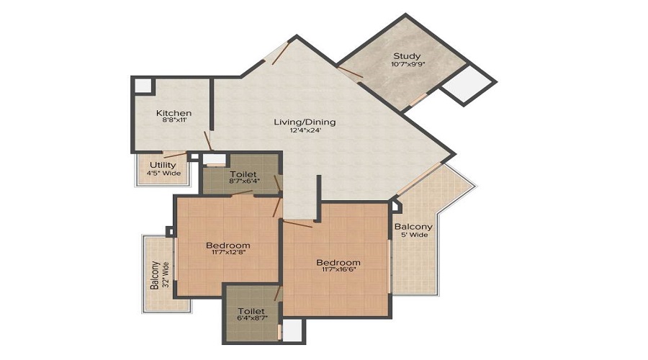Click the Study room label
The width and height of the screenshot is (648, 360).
point(407,55)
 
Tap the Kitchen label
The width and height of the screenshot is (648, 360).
point(174,113)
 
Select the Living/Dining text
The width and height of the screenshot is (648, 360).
point(305,122)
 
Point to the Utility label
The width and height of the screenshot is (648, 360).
point(163,165)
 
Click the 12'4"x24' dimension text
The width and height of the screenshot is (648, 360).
point(305,130)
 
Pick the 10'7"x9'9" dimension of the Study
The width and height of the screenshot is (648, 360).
point(408,64)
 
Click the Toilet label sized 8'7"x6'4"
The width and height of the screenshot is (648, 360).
point(243,174)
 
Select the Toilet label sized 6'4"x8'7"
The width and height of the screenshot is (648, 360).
point(251,311)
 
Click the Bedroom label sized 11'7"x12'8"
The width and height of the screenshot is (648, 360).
point(228,246)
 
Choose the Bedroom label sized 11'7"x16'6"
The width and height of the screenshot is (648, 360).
point(338,263)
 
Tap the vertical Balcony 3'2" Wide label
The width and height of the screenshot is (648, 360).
point(160,275)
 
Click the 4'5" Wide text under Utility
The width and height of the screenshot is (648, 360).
point(163,174)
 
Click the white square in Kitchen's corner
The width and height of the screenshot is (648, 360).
point(143,86)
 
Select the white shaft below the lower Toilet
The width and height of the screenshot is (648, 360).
point(292,330)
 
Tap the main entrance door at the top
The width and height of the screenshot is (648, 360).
point(280,53)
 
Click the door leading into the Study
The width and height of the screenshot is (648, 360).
point(350,73)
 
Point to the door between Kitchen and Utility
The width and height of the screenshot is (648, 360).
point(175,155)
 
